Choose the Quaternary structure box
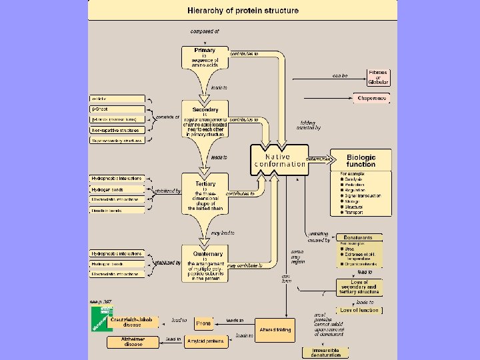[205, 265]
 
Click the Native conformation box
[280, 160]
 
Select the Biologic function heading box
[361, 160]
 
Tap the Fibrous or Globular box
[378, 77]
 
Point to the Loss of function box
[359, 310]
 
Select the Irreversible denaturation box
[325, 352]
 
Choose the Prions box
[203, 323]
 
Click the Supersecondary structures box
[117, 141]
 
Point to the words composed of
[205, 31]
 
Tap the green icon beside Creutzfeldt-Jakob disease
[102, 318]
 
